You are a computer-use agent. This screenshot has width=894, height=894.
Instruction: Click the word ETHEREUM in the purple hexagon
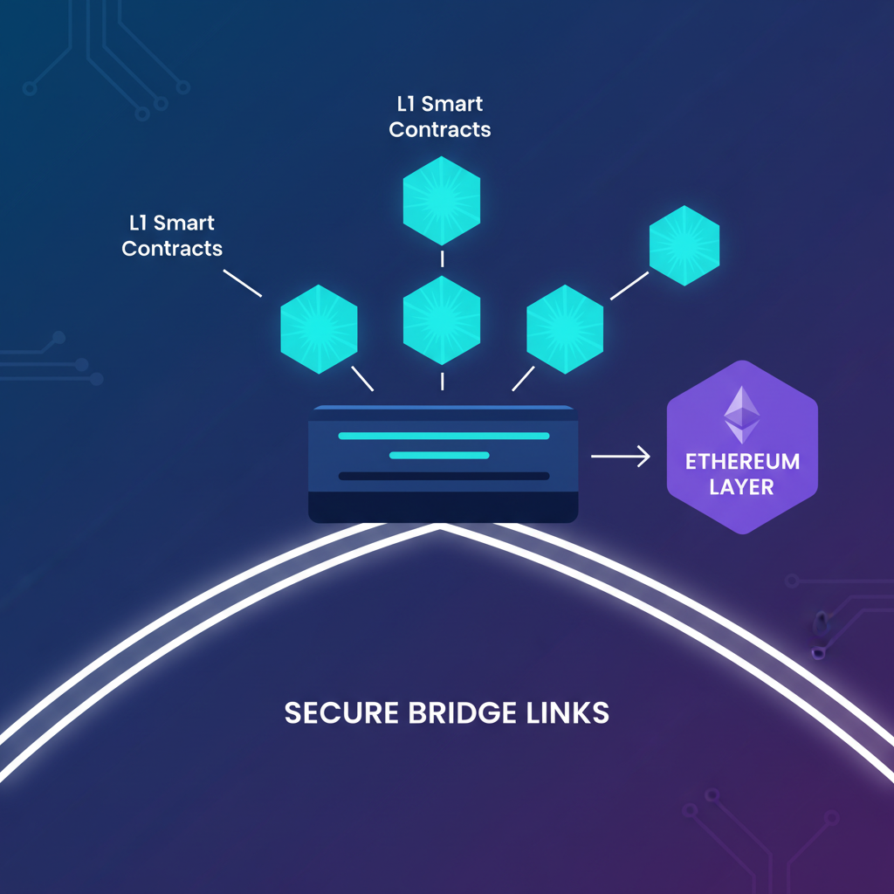point(743,461)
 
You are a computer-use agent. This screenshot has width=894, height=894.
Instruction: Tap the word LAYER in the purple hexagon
point(742,486)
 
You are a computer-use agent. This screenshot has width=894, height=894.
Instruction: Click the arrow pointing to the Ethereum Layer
point(621,456)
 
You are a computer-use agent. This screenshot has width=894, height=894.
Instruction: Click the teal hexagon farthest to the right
point(684,245)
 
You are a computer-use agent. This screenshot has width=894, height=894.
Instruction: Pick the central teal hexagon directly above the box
point(442,320)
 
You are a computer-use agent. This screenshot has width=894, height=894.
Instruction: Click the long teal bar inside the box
point(444,436)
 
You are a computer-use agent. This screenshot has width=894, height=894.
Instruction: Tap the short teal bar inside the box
point(439,455)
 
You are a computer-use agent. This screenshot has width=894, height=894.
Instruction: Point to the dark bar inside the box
point(444,476)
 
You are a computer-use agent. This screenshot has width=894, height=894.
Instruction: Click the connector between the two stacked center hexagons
point(442,258)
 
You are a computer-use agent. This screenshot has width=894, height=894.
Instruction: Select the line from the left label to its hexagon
point(243,284)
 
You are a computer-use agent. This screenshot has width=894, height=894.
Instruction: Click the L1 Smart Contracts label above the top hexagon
point(440,117)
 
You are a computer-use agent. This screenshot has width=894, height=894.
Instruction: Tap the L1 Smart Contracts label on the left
point(172,236)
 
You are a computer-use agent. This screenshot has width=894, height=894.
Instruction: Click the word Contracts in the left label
point(172,249)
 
